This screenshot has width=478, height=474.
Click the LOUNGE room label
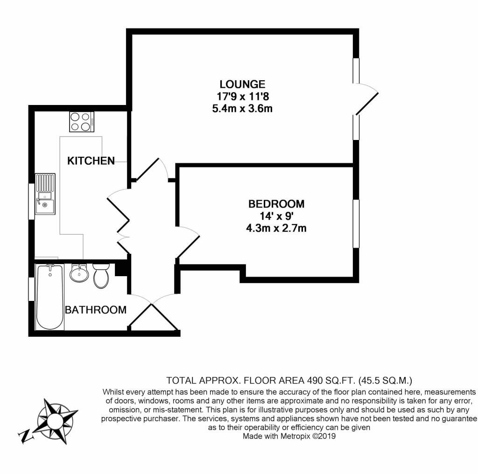[x=242, y=84]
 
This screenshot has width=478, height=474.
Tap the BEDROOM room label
[x=276, y=204]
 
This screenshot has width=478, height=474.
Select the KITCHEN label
[x=91, y=161]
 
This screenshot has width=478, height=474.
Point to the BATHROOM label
[x=96, y=310]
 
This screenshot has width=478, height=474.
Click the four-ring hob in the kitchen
[x=81, y=122]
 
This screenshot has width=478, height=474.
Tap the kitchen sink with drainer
[x=45, y=194]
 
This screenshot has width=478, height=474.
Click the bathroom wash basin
[x=79, y=273]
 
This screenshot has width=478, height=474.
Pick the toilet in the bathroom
[x=101, y=276]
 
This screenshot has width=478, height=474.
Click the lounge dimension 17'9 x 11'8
[x=243, y=97]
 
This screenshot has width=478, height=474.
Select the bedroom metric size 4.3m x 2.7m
[x=276, y=228]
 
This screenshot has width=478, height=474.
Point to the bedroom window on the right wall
[x=356, y=223]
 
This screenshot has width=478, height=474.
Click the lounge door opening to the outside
[x=366, y=99]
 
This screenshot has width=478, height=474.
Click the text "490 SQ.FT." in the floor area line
[x=330, y=381]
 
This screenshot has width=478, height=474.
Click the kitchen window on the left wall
[x=31, y=201]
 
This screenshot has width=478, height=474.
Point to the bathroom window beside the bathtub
[x=31, y=289]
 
